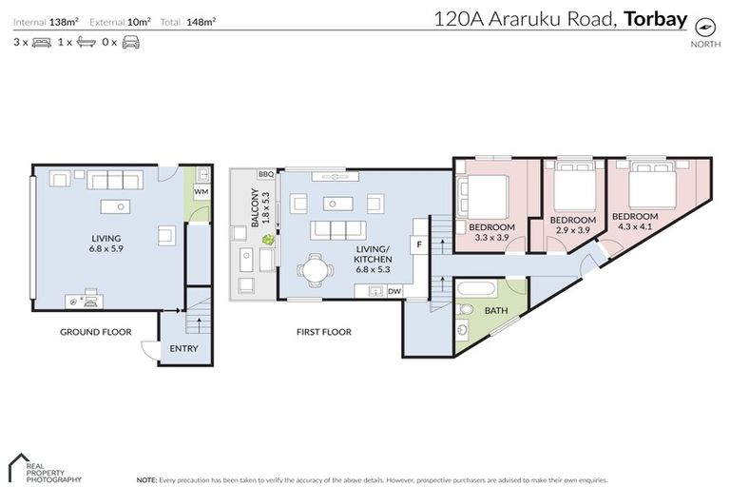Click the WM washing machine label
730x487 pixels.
coord(201,192)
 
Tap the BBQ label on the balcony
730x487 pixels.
coord(265,174)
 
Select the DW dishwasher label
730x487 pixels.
coord(394,291)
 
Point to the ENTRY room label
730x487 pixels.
coord(184,349)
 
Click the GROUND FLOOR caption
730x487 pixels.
coord(95,332)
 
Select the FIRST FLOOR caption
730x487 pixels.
coord(323,332)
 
